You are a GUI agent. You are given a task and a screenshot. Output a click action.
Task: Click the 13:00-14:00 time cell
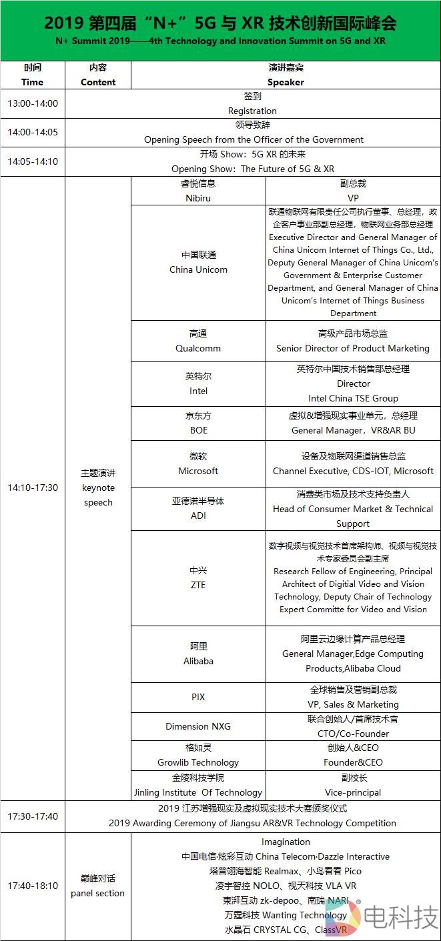point(33,103)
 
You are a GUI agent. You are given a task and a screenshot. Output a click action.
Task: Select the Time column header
point(32,75)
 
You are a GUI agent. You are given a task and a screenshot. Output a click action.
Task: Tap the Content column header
point(98,75)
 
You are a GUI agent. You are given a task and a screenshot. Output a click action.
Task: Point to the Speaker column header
point(286,75)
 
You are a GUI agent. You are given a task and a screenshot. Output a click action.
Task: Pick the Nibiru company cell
point(198,191)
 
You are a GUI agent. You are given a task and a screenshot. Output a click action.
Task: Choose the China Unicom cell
point(198,263)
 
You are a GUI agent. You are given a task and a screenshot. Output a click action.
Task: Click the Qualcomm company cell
point(198,341)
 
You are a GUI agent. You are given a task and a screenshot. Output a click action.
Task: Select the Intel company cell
point(198,383)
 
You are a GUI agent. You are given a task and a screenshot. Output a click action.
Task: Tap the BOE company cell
point(198,423)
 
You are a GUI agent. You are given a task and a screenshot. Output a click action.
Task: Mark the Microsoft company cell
point(198,463)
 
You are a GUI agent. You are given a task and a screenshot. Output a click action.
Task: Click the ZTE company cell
point(198,578)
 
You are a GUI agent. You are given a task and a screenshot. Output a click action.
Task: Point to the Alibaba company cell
point(198,654)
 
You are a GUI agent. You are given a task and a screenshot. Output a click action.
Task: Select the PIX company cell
point(198,697)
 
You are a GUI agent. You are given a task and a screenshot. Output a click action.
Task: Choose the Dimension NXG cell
point(198,726)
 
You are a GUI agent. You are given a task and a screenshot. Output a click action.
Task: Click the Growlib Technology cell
point(198,755)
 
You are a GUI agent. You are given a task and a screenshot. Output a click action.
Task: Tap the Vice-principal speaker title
point(353,792)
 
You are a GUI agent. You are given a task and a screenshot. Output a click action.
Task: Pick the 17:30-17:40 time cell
point(33,816)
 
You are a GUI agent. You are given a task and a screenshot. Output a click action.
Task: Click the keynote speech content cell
point(98,488)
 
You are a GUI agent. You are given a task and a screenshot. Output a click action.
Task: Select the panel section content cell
point(98,886)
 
